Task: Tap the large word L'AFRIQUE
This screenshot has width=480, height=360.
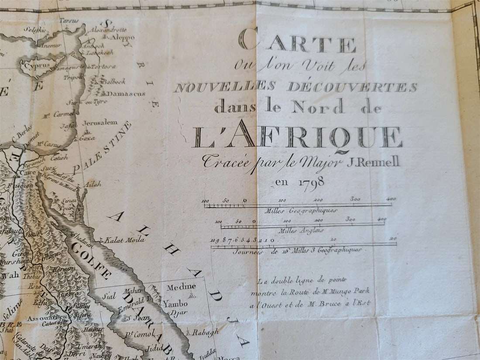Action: tap(297, 137)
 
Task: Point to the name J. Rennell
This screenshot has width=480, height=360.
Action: tap(373, 162)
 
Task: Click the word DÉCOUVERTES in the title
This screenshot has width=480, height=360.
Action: tap(352, 87)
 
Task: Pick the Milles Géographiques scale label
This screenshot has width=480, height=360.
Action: tap(301, 210)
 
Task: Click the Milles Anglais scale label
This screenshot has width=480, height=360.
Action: tap(301, 230)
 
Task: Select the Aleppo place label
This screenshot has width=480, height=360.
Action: tap(123, 38)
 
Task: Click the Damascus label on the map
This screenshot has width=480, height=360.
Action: tap(126, 93)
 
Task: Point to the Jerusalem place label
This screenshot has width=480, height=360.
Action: tap(100, 123)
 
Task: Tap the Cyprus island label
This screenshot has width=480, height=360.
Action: tap(34, 66)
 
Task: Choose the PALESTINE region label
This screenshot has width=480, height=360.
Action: tap(103, 147)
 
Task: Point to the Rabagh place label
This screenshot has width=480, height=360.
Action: tap(205, 332)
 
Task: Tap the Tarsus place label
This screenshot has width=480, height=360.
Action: tap(69, 21)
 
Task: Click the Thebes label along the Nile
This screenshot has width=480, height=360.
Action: tap(31, 276)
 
